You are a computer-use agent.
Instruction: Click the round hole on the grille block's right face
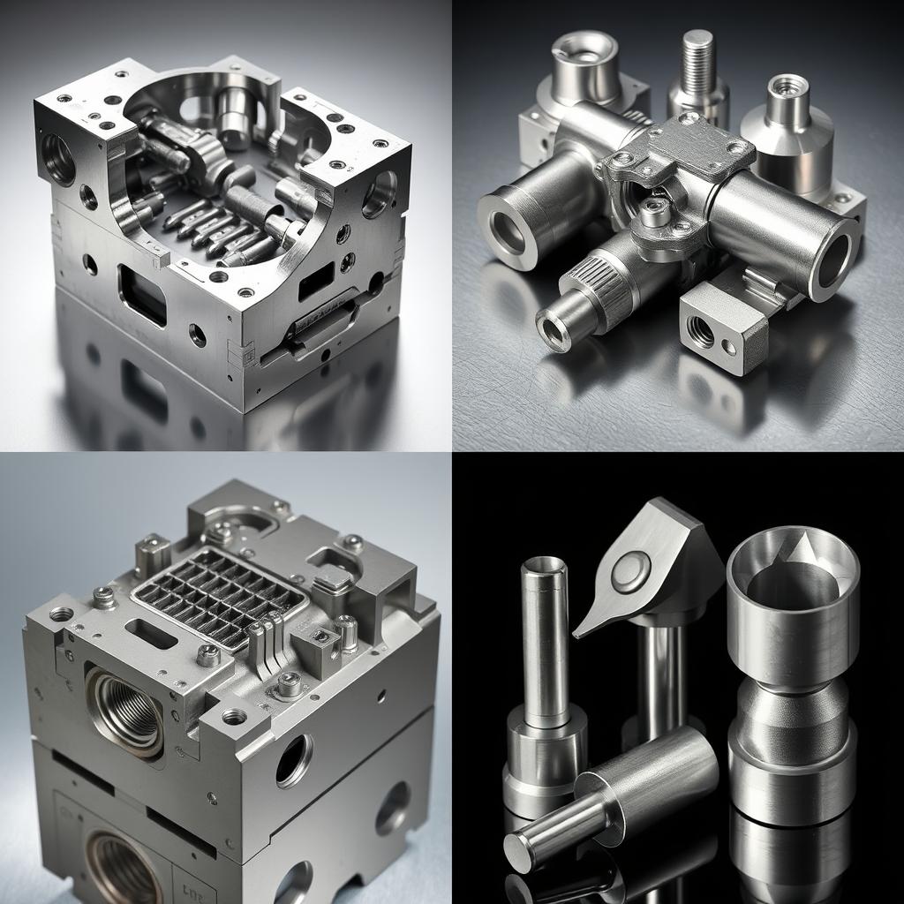coord(294,760)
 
